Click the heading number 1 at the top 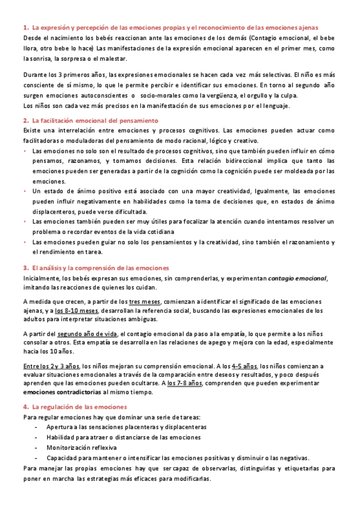25,27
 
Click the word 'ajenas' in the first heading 306,27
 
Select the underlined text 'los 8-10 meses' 76,310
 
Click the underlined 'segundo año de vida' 88,334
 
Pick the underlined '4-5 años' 244,366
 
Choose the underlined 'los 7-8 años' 185,383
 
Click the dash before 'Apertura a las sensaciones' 37,428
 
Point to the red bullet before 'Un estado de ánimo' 25,192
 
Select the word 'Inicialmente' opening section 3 40,278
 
